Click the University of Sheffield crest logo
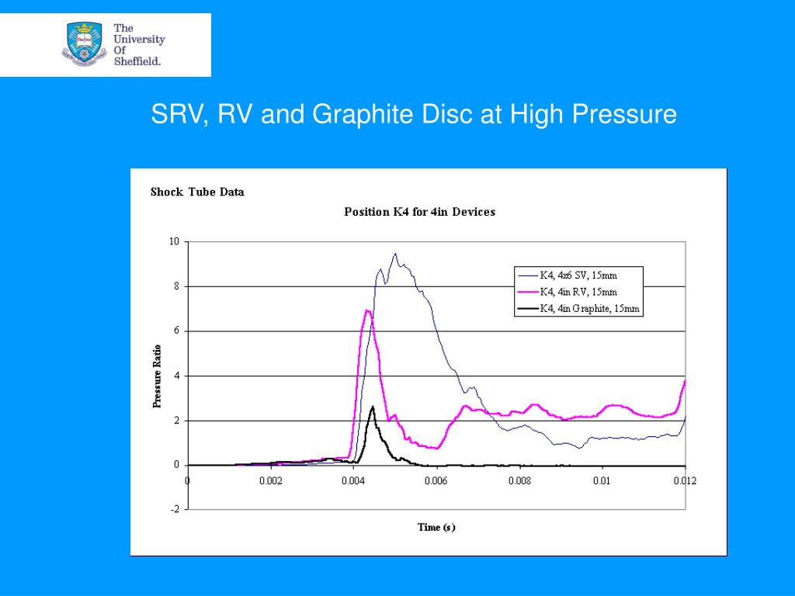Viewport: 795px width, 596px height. (x=85, y=44)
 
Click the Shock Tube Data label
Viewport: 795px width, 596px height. (x=197, y=192)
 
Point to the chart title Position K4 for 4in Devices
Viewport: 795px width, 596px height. (x=419, y=212)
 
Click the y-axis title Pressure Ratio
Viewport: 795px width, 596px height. (x=157, y=376)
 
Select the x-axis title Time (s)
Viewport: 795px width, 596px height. (x=436, y=528)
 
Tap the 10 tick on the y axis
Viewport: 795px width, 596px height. (x=175, y=241)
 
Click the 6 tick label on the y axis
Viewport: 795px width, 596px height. (x=176, y=331)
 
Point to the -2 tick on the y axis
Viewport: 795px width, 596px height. (x=175, y=509)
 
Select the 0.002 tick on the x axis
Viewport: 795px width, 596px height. (x=270, y=481)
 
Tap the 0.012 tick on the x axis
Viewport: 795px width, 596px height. (x=685, y=481)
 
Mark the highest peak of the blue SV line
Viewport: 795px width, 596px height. (x=395, y=254)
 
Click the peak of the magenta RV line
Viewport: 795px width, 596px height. (x=366, y=310)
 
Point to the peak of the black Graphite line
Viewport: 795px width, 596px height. (x=373, y=406)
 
